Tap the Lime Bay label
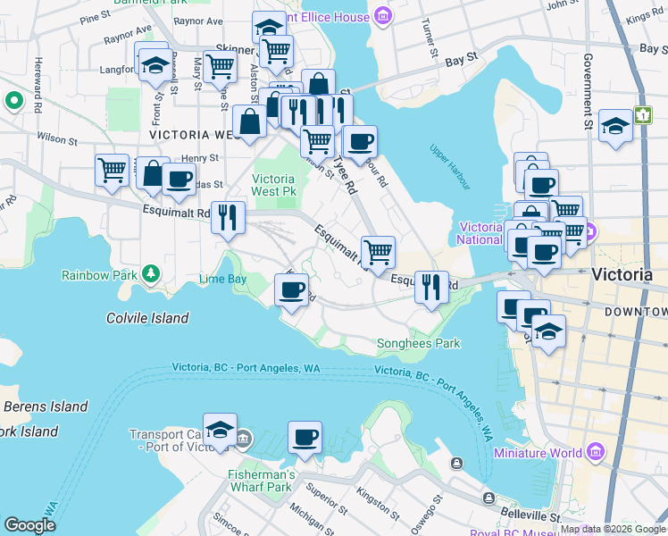pyautogui.click(x=222, y=279)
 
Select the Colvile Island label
pyautogui.click(x=147, y=318)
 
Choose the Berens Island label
pyautogui.click(x=45, y=406)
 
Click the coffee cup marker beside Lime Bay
pyautogui.click(x=291, y=290)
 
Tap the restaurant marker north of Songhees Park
pyautogui.click(x=431, y=287)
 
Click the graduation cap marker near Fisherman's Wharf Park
pyautogui.click(x=219, y=431)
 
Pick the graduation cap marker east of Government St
pyautogui.click(x=615, y=126)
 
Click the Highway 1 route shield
pyautogui.click(x=643, y=115)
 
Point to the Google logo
pyautogui.click(x=29, y=525)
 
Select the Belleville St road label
pyautogui.click(x=531, y=516)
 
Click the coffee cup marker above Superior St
pyautogui.click(x=305, y=438)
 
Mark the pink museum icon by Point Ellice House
pyautogui.click(x=383, y=15)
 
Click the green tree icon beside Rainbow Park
pyautogui.click(x=153, y=272)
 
